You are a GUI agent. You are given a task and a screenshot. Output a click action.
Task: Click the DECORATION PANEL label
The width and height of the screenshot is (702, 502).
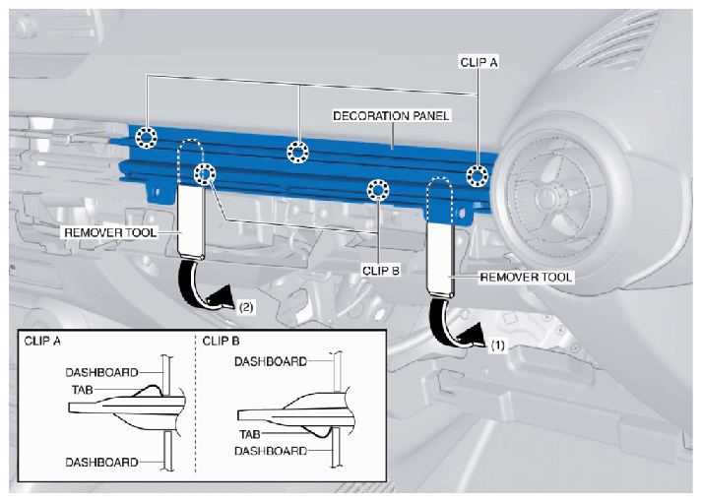(x=391, y=116)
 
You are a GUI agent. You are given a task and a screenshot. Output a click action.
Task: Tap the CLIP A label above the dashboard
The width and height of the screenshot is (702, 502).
(x=479, y=62)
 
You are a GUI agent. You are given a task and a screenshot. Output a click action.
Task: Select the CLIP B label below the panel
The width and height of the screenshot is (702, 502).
(x=381, y=271)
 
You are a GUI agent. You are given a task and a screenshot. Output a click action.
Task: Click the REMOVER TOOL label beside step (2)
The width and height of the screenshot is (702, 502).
(x=110, y=232)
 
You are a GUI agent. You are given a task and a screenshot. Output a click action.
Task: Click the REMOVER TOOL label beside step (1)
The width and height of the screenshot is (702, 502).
(x=526, y=278)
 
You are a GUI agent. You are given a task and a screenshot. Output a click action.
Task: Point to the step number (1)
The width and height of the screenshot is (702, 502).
(x=498, y=345)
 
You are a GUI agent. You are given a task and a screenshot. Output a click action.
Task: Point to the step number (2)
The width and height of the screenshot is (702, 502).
(x=246, y=307)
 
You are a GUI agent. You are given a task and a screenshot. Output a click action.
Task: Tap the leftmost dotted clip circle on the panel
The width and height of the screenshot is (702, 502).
(x=146, y=137)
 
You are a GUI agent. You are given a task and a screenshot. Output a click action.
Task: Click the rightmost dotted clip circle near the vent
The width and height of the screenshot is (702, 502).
(x=478, y=175)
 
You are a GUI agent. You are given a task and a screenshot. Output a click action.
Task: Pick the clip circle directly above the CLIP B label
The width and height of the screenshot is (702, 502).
(x=378, y=191)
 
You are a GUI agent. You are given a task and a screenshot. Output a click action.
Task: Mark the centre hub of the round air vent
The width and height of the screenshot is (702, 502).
(x=547, y=195)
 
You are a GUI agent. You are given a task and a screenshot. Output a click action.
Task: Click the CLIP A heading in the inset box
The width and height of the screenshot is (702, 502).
(x=42, y=341)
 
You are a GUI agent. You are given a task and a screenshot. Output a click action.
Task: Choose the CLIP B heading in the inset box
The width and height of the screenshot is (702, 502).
(x=221, y=341)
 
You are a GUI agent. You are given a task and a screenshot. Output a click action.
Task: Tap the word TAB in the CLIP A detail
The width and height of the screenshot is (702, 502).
(x=82, y=390)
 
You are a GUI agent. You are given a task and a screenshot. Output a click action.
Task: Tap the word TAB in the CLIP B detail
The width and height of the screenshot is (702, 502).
(x=249, y=434)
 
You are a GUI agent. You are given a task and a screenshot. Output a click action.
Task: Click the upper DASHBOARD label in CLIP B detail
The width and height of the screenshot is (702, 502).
(x=271, y=361)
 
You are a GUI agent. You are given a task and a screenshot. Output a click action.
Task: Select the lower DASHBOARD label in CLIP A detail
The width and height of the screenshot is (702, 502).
(x=101, y=462)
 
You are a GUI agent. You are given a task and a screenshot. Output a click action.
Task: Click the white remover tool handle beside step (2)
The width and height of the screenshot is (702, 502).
(x=192, y=221)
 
